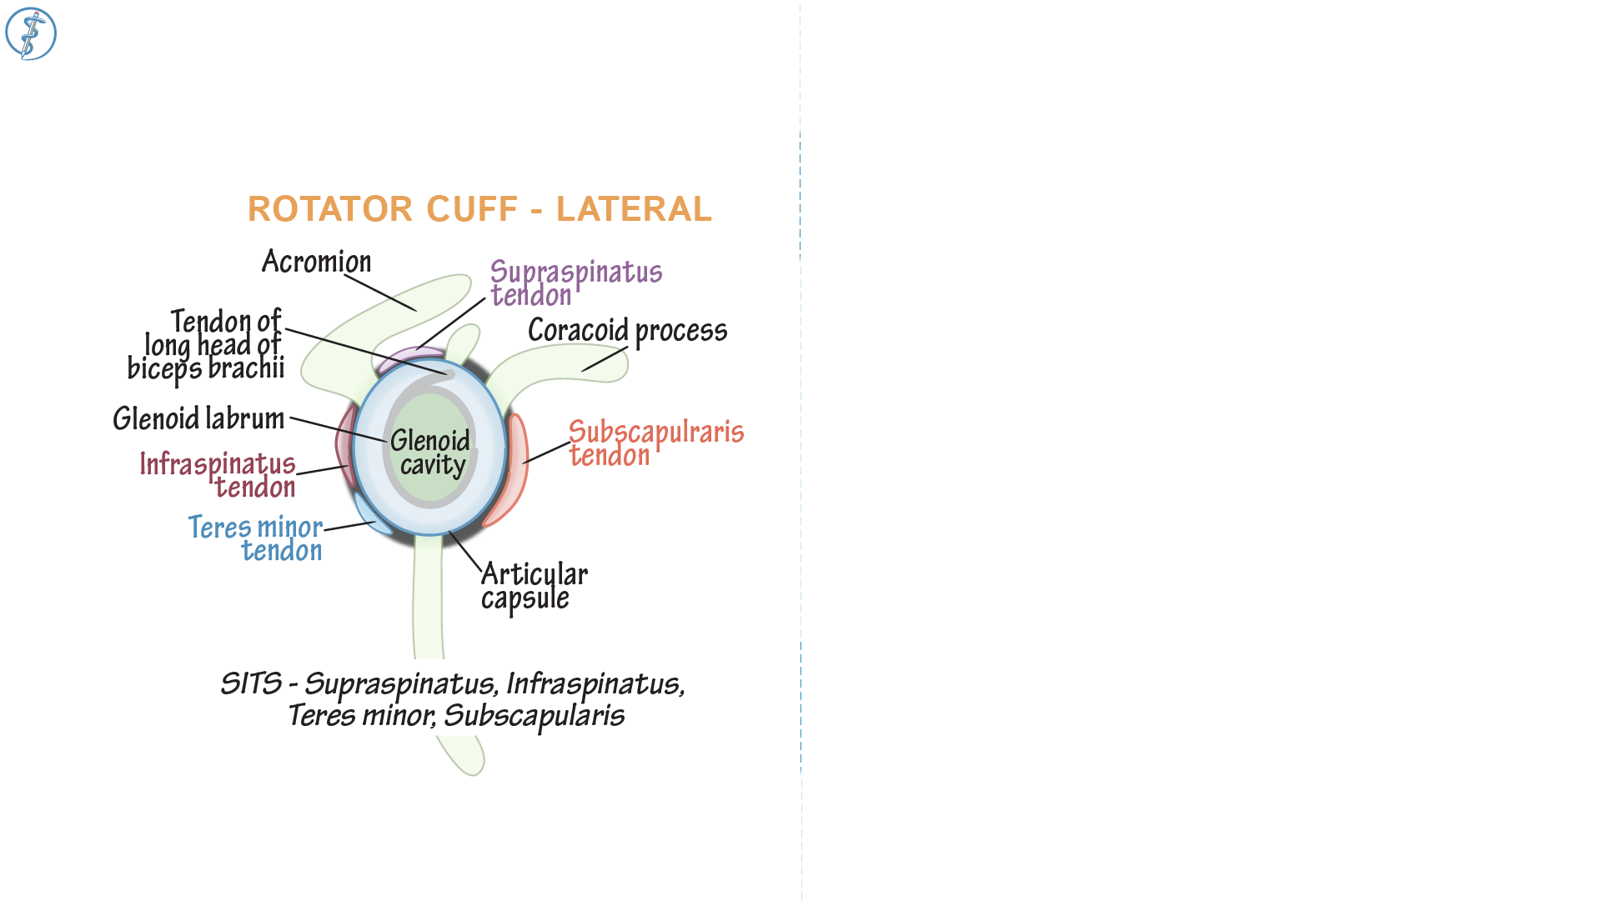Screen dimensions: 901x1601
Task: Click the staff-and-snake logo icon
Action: pos(31,33)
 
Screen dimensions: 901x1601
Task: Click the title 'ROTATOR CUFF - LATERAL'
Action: pos(479,209)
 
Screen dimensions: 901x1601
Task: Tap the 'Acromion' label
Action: pos(316,262)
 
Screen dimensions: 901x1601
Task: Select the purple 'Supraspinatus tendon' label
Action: pos(575,283)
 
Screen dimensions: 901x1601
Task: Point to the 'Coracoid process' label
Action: pos(627,331)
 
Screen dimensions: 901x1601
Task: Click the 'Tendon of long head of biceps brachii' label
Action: pos(208,345)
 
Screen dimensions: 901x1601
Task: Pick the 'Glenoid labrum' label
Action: pos(198,418)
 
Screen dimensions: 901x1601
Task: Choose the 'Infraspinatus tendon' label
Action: pos(218,474)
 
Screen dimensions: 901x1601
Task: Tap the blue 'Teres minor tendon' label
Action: pos(256,538)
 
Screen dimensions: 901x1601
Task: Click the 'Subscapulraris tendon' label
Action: pos(655,443)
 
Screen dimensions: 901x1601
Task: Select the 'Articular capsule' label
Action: pos(534,586)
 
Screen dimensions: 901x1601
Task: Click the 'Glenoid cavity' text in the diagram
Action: pos(430,453)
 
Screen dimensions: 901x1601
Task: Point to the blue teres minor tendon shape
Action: pos(369,515)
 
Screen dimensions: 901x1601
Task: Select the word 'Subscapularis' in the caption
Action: pos(534,716)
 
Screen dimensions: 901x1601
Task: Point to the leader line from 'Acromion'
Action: pos(380,293)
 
